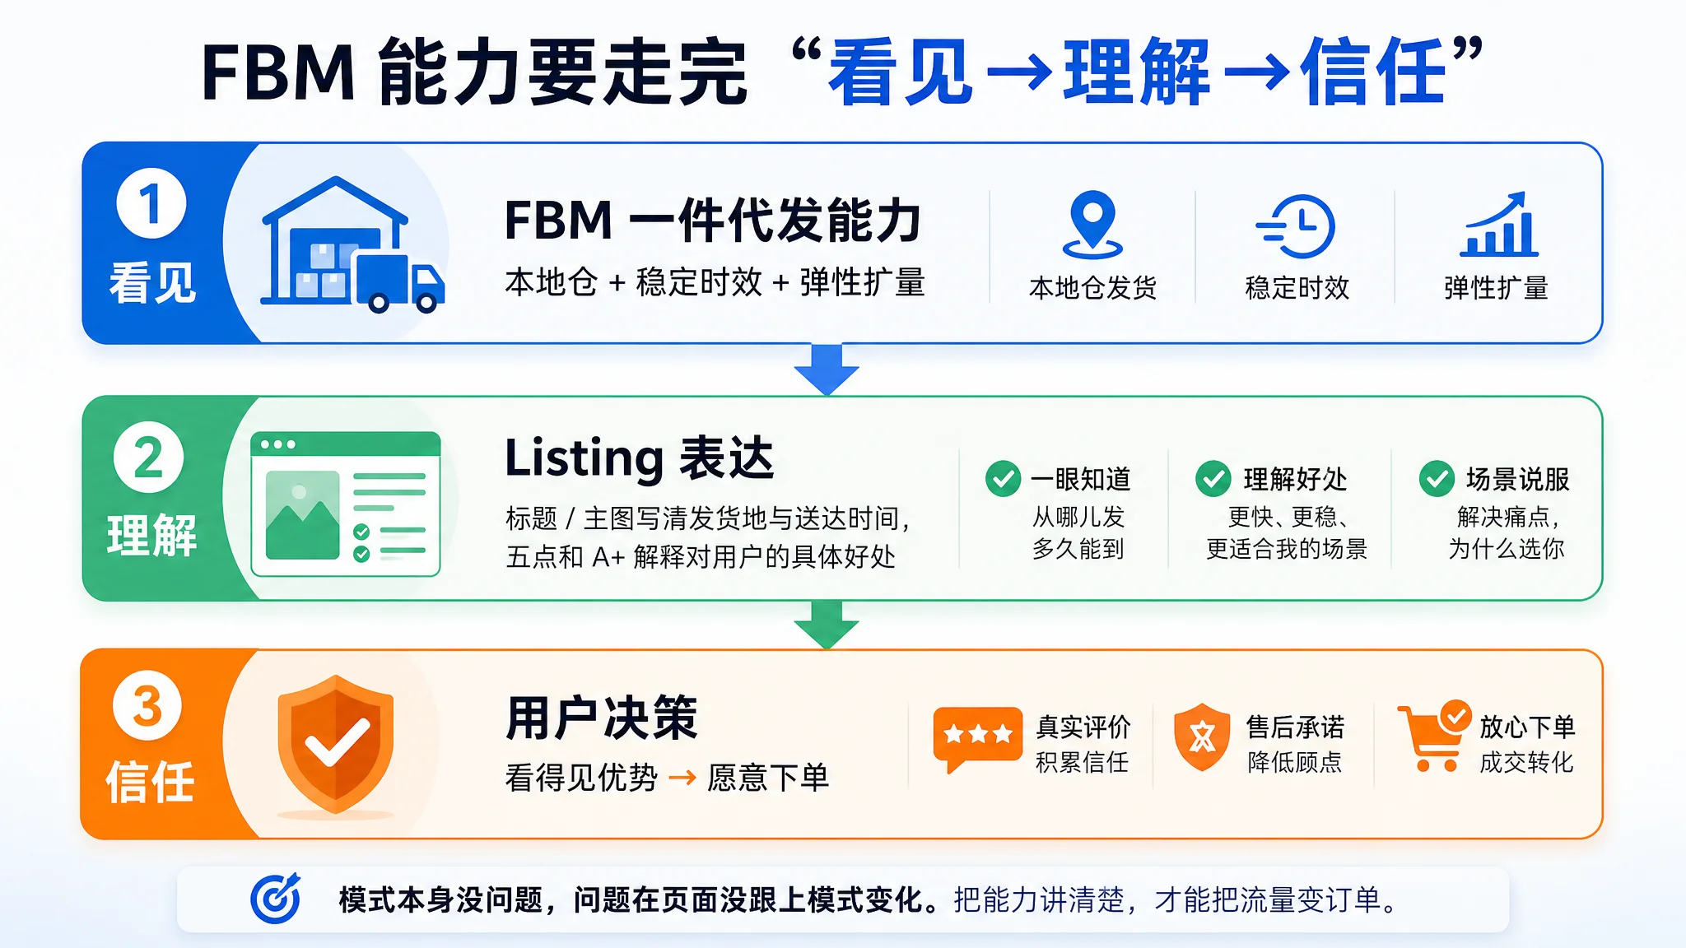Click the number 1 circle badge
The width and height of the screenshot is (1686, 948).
(x=151, y=203)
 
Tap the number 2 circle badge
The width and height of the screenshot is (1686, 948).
(x=149, y=457)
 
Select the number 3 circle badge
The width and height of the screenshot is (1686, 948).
(x=147, y=705)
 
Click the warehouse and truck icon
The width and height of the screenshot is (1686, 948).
(x=352, y=245)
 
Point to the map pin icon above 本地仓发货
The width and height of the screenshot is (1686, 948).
(x=1092, y=224)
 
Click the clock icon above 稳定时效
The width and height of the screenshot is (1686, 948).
(x=1296, y=226)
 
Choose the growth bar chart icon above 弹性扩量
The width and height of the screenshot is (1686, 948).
(x=1498, y=225)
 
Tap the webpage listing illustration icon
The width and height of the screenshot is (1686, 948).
(x=346, y=504)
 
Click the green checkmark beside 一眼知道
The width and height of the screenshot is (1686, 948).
(x=1004, y=479)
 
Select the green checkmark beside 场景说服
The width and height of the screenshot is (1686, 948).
(x=1437, y=479)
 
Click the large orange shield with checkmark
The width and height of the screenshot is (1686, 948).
(x=336, y=744)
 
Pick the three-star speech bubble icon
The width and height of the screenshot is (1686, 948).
(x=977, y=738)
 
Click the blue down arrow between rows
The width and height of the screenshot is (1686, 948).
(x=827, y=369)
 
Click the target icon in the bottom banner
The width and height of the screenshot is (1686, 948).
(x=276, y=899)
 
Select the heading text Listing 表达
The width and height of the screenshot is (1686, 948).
(x=640, y=458)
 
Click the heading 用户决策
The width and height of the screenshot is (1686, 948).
(x=602, y=718)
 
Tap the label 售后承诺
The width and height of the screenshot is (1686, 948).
(x=1295, y=727)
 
